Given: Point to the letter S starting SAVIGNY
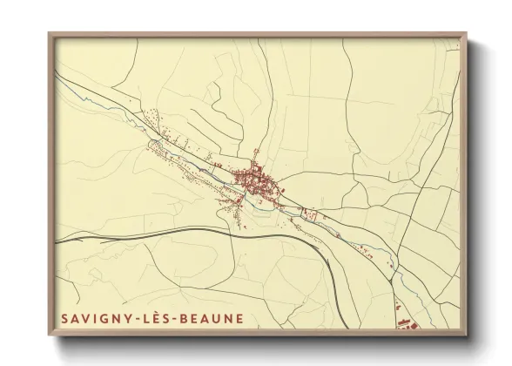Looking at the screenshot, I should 64,318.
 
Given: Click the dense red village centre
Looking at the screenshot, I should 254,181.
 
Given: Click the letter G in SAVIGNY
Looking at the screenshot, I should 100,318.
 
